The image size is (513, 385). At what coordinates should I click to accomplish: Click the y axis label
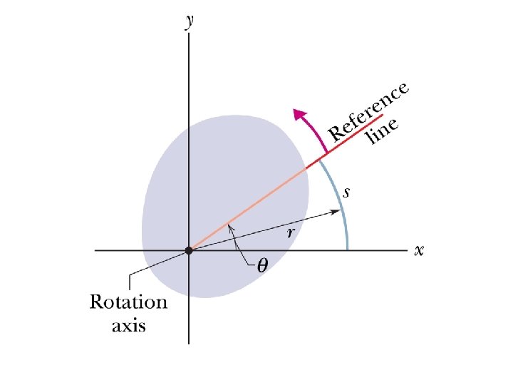[x=189, y=21]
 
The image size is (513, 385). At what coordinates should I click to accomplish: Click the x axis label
[x=420, y=250]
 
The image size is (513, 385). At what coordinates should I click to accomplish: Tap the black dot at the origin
[x=189, y=250]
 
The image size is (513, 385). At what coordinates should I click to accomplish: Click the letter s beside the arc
[x=346, y=192]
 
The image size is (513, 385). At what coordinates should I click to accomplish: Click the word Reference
[x=368, y=110]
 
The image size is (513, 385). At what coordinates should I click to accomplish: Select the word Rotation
[x=128, y=302]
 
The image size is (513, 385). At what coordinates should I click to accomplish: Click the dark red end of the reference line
[x=349, y=136]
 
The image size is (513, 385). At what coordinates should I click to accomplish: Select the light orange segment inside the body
[x=249, y=207]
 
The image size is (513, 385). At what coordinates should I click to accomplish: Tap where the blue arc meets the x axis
[x=347, y=250]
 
